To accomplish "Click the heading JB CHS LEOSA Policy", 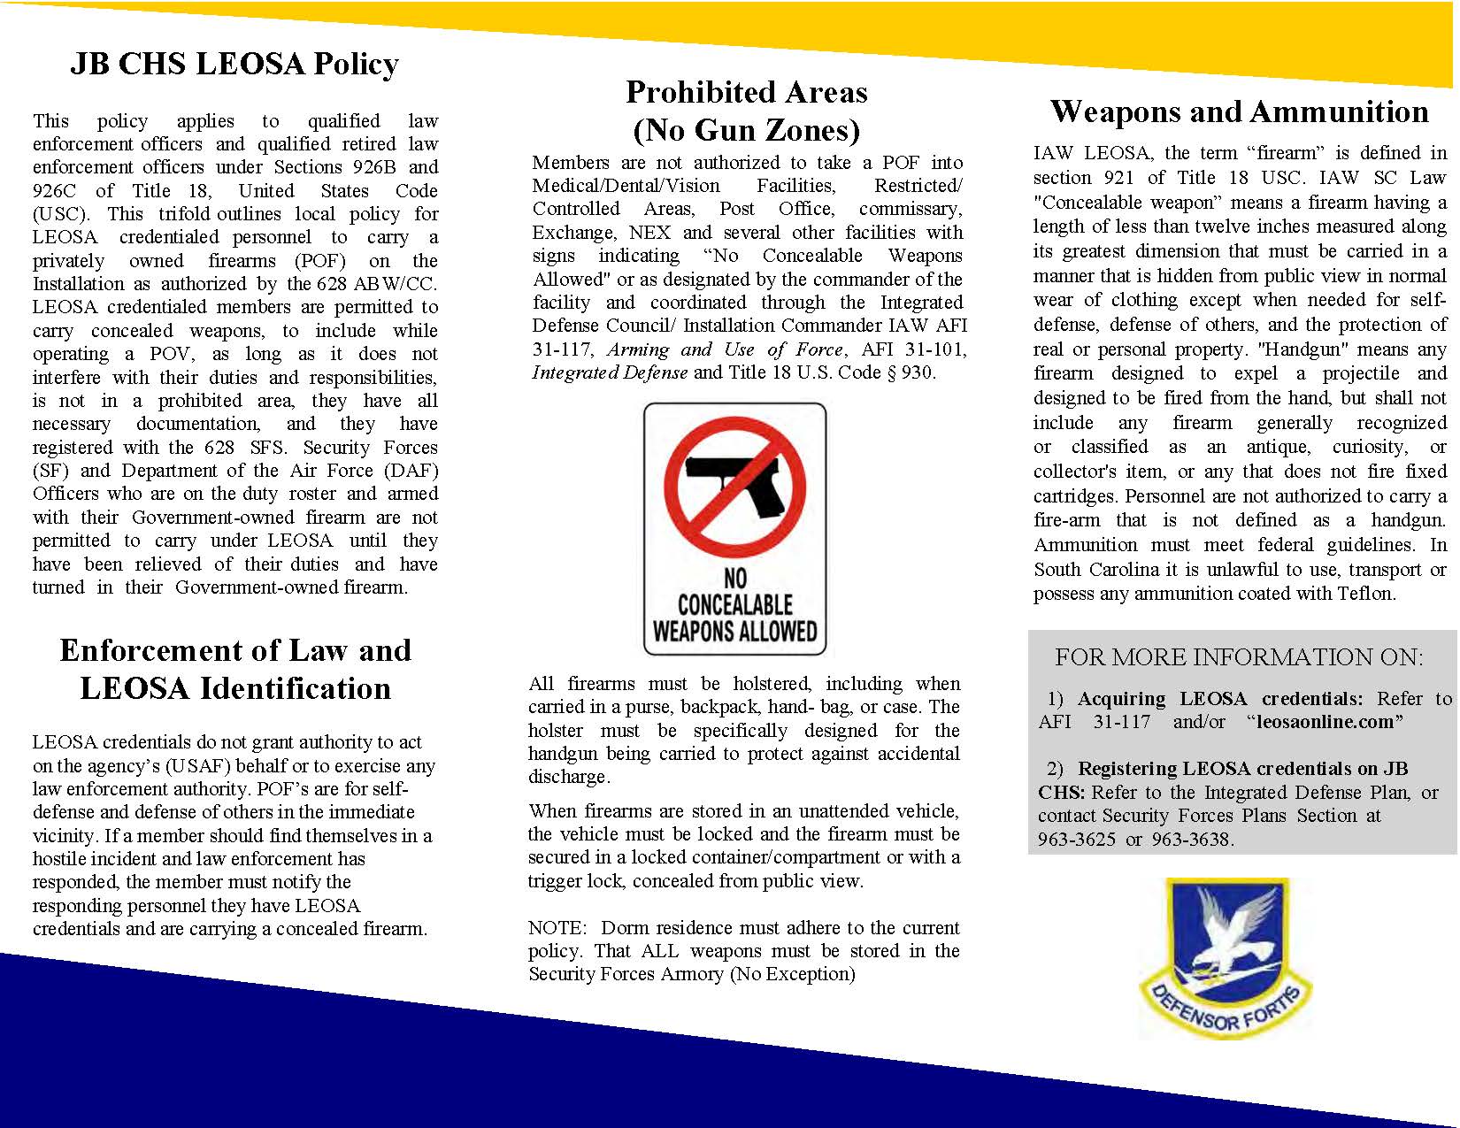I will point(234,64).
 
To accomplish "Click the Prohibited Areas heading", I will point(746,92).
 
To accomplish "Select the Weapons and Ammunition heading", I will point(1239,111).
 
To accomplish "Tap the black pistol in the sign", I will point(734,485).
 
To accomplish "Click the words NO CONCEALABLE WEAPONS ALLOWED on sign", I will point(734,605).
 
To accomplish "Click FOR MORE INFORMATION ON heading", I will point(1239,657).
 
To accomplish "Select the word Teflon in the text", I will point(1363,594).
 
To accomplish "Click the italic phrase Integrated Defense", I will point(609,372).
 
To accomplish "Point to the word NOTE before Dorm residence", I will point(557,928).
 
